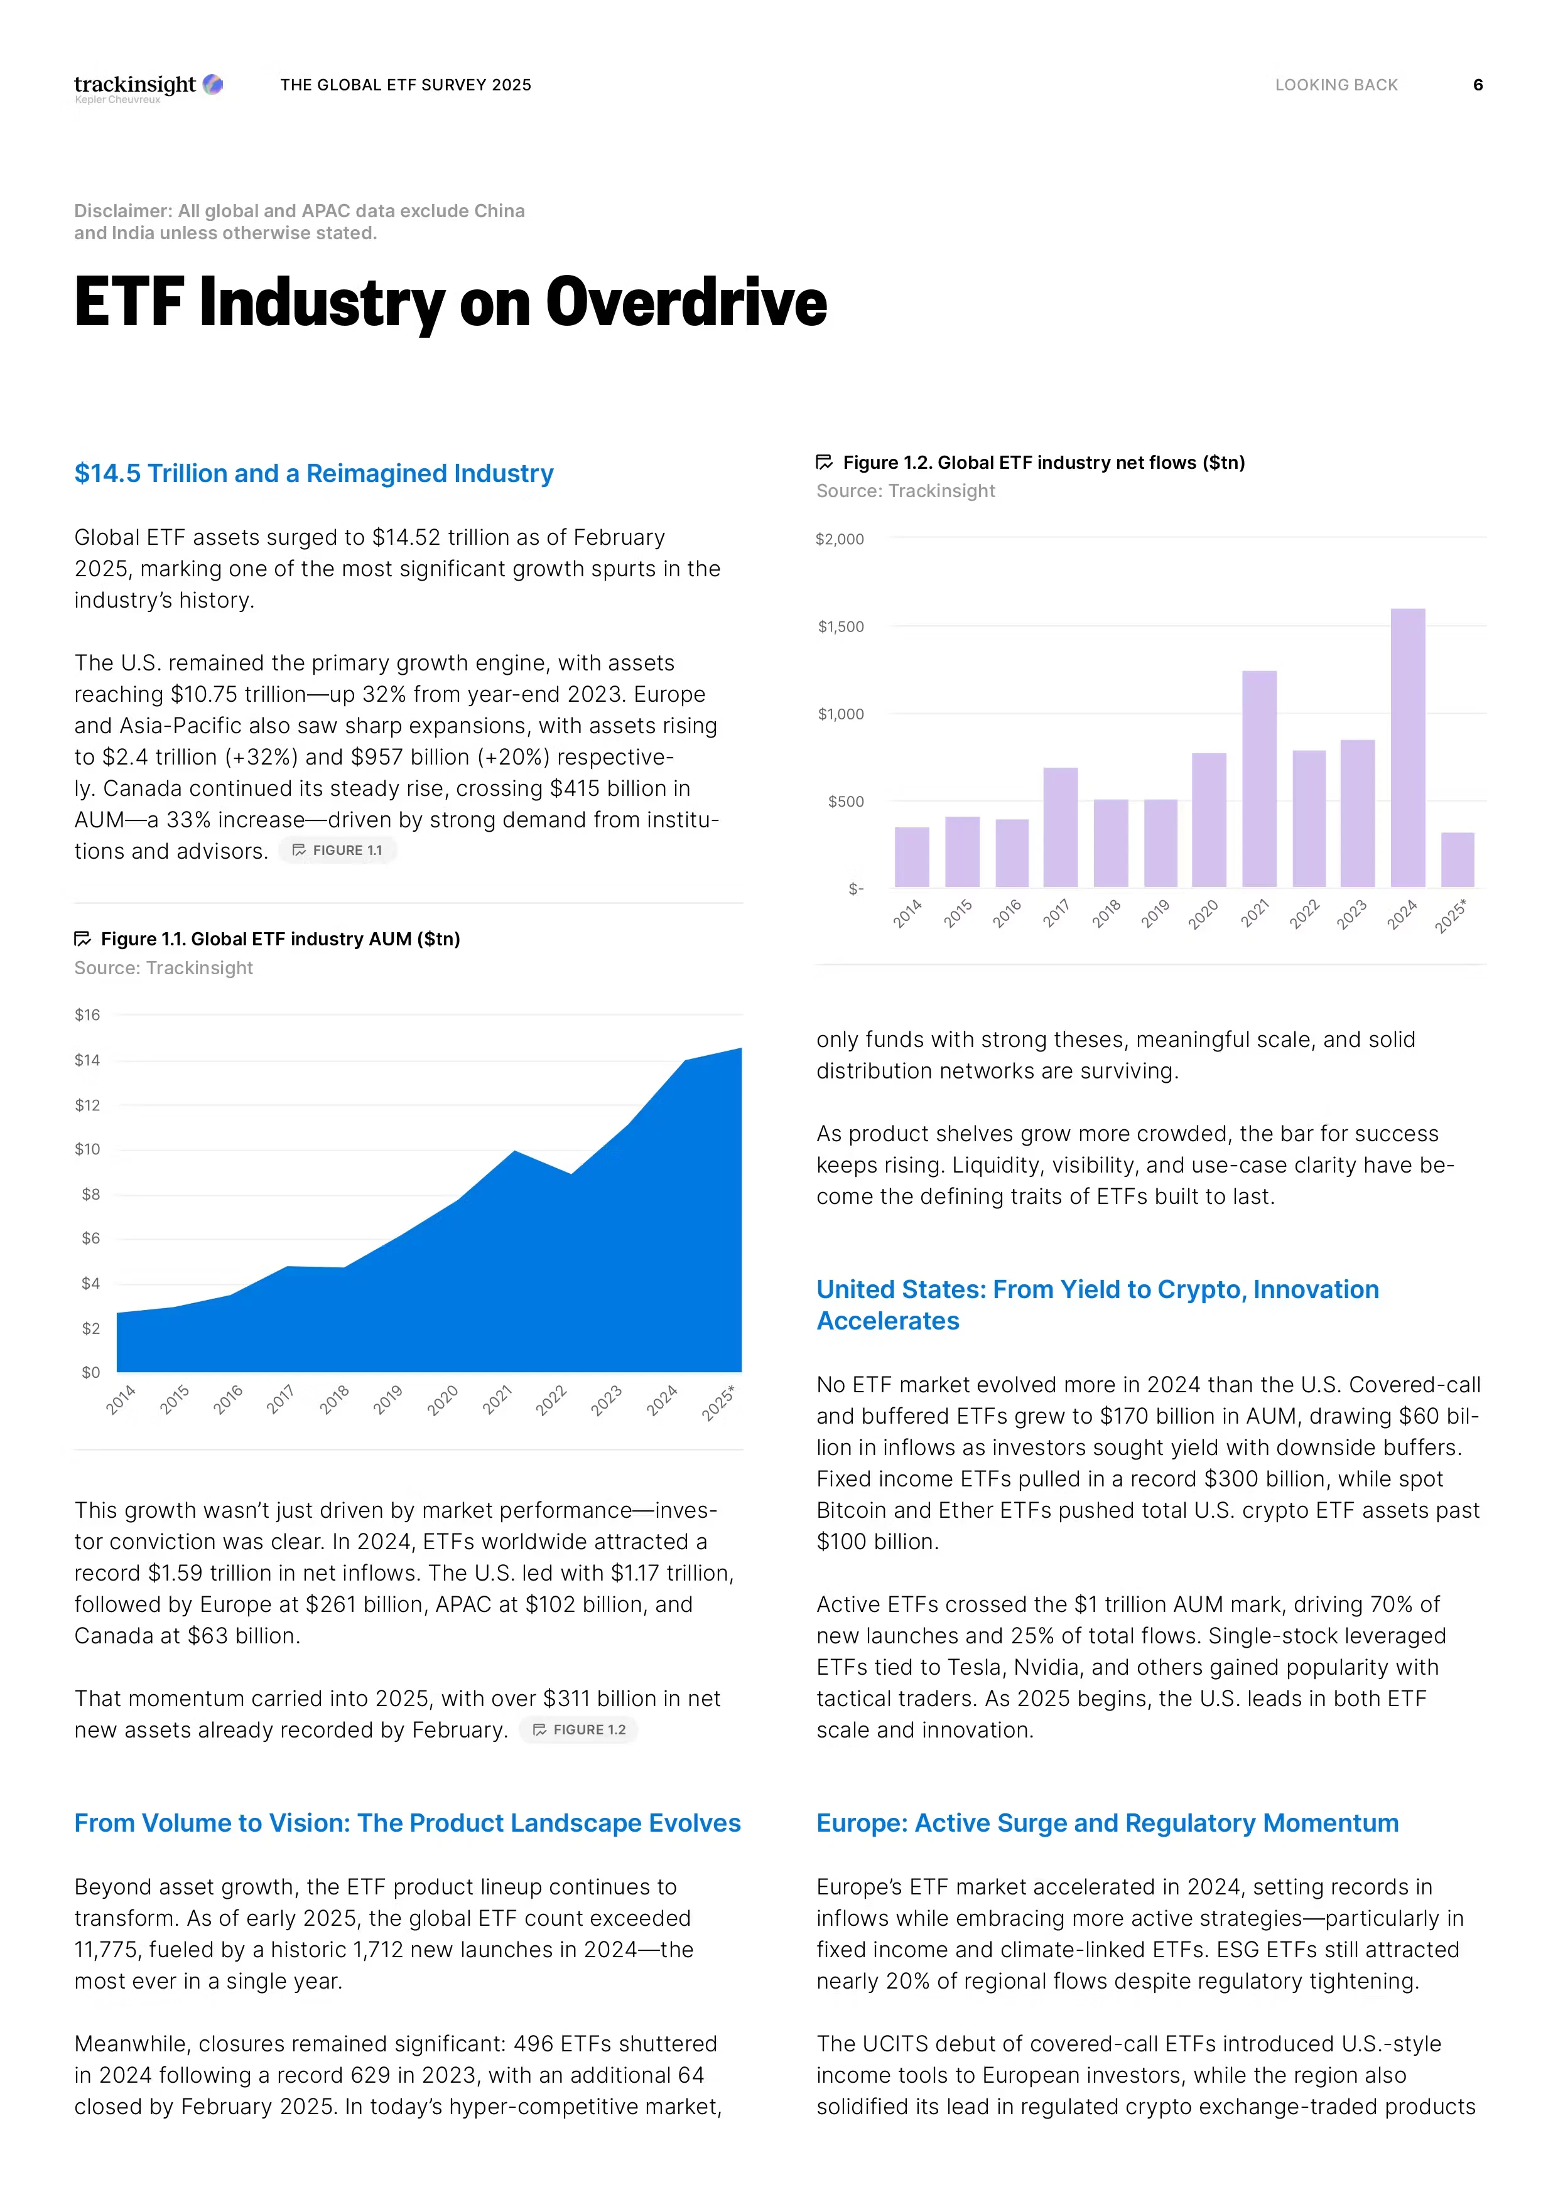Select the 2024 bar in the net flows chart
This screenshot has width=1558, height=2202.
click(1407, 748)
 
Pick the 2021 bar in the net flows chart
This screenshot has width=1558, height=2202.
click(1258, 779)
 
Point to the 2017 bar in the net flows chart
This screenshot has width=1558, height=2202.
click(1060, 827)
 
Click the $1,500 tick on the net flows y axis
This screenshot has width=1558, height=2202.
click(840, 627)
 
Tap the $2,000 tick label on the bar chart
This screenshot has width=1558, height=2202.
click(840, 539)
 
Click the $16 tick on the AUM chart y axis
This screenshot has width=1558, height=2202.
click(87, 1014)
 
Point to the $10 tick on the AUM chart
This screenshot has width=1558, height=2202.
click(87, 1149)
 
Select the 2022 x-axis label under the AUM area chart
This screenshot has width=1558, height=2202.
click(551, 1400)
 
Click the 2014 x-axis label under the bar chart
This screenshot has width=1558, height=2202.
click(907, 913)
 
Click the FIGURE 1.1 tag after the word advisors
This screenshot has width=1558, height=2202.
click(338, 851)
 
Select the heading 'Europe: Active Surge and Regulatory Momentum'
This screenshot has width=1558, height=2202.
click(1107, 1822)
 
